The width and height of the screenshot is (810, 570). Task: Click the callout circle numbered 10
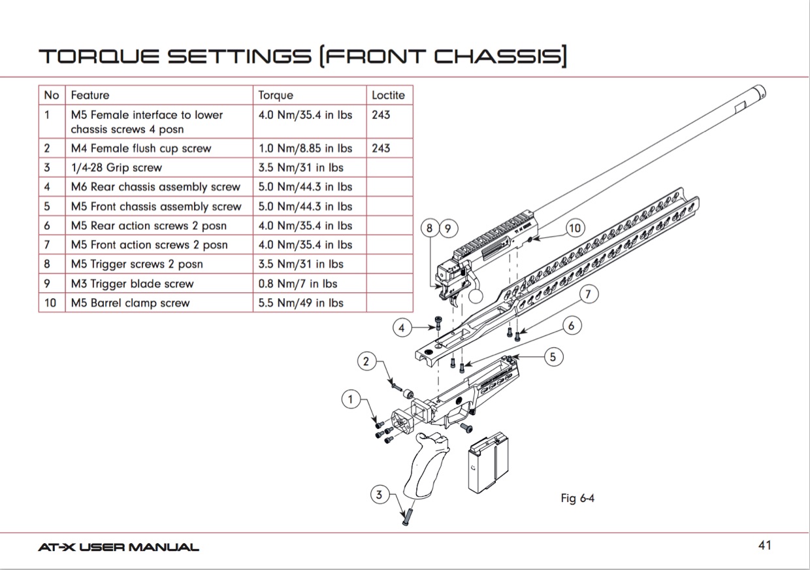point(574,228)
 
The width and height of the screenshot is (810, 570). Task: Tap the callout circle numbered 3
point(379,495)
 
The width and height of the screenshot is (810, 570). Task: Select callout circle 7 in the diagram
point(588,295)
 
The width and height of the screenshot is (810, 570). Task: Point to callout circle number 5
point(553,357)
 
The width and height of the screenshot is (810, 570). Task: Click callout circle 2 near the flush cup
point(366,360)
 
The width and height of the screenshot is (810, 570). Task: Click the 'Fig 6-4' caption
point(577,499)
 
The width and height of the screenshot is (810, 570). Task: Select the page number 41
point(765,545)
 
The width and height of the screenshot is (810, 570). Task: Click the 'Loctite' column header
point(388,95)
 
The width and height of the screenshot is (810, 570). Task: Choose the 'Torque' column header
point(276,95)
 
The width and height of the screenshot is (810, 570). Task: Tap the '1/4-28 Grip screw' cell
point(116,167)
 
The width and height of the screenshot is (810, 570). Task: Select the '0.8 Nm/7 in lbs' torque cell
point(291,284)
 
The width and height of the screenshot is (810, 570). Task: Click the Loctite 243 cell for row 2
point(381,148)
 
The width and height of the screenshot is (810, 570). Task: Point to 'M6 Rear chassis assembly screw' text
point(155,187)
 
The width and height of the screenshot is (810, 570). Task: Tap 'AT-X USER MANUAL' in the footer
point(118,547)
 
